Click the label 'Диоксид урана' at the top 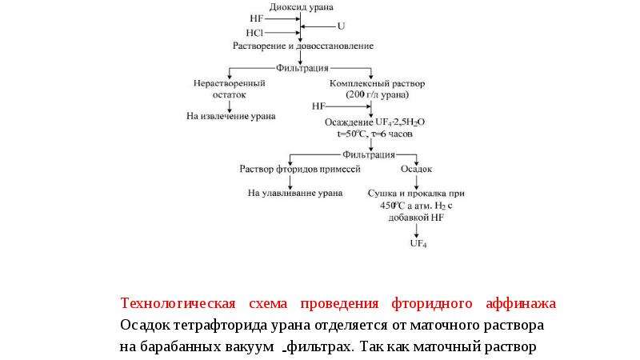coord(302,7)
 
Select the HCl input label coord(254,33)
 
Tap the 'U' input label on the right coord(342,26)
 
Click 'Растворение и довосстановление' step coord(303,46)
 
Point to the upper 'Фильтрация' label coord(302,68)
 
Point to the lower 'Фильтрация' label coord(369,154)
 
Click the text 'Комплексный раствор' coord(377,83)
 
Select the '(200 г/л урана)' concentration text coord(377,94)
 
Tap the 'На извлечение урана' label coord(231,116)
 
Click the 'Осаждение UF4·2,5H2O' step coord(374,122)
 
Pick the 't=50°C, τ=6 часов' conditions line coord(374,134)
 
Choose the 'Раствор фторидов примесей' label coord(300,169)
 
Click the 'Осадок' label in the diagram coord(416,169)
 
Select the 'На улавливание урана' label coord(295,193)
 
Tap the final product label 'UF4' coord(418,244)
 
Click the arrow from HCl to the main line coord(282,33)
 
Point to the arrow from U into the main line coord(318,26)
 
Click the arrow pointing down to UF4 coord(416,230)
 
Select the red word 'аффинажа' coord(521,303)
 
